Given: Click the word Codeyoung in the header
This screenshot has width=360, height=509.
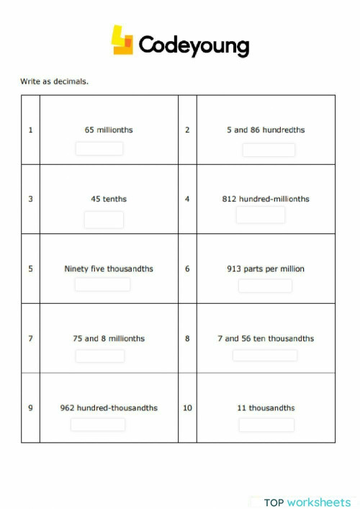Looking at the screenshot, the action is [x=194, y=45].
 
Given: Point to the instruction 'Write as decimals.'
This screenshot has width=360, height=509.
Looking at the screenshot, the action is [x=54, y=81].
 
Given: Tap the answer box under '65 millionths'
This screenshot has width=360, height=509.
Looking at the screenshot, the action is [x=99, y=148].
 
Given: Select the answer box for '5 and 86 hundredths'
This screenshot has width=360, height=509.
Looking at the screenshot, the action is [x=269, y=150].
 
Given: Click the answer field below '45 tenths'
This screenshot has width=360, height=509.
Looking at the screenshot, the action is [x=104, y=220].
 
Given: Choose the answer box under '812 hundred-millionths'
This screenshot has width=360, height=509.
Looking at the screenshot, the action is [x=261, y=215].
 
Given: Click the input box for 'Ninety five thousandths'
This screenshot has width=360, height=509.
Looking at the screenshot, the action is [x=103, y=284].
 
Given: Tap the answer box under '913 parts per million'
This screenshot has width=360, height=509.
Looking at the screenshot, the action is [x=265, y=286].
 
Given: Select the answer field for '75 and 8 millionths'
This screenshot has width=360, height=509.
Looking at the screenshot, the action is [x=100, y=356].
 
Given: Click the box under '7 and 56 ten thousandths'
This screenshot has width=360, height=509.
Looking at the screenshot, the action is [x=265, y=355].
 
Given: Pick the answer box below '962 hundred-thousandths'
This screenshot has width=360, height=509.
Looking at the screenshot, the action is [x=98, y=425].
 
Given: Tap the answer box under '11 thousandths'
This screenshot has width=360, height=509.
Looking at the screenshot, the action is [x=266, y=425].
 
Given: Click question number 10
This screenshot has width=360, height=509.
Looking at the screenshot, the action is [x=187, y=408].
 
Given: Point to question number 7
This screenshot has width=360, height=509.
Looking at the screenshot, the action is [x=30, y=338].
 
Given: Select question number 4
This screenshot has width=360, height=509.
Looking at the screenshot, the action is [x=187, y=199].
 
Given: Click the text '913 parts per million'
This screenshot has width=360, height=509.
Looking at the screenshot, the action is [x=266, y=269].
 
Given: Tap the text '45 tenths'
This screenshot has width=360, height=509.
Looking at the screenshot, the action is [x=109, y=199].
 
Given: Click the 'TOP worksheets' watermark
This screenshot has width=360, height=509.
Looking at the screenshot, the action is [x=307, y=502].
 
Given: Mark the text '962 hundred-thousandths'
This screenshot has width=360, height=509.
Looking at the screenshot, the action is [x=109, y=408].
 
